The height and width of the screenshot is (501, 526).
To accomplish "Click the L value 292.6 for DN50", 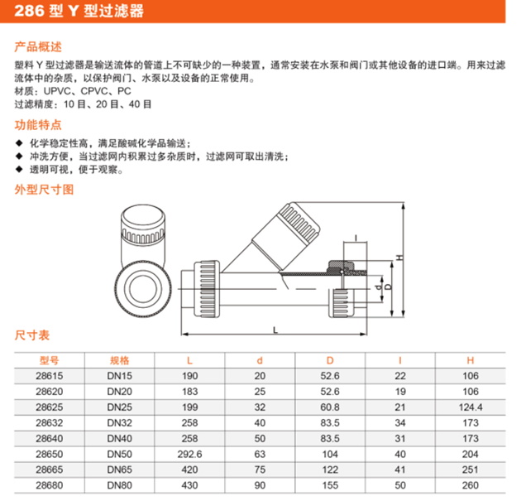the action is tap(189, 454).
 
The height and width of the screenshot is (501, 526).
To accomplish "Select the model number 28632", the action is tap(50, 423).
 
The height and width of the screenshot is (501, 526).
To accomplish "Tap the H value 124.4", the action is tap(471, 407).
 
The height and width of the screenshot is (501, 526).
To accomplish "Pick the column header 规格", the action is tap(119, 361).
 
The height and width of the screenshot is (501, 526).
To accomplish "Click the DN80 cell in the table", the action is tap(119, 485).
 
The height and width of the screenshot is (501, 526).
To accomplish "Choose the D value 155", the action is tap(330, 485).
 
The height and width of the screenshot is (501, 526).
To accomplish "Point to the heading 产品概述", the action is tap(38, 46).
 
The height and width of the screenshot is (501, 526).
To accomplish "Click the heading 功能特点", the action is tap(38, 124).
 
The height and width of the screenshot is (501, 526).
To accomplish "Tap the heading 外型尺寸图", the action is tap(44, 190).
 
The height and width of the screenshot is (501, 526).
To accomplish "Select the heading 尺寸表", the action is tap(32, 335).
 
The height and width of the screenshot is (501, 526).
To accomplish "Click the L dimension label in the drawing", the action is tap(275, 330).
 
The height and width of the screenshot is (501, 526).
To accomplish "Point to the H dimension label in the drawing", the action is tap(399, 258).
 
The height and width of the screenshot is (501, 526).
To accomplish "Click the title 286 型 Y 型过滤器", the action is tap(79, 11).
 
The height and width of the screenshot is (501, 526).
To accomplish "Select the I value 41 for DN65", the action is tap(399, 470).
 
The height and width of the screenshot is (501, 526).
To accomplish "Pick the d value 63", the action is tap(260, 454).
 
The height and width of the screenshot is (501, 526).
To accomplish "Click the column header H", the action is tap(471, 361).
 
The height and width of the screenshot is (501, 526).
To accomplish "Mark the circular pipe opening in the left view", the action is tap(143, 289).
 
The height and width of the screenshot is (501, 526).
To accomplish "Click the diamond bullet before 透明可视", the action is tap(19, 169).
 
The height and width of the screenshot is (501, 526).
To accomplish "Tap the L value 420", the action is tap(189, 470).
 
